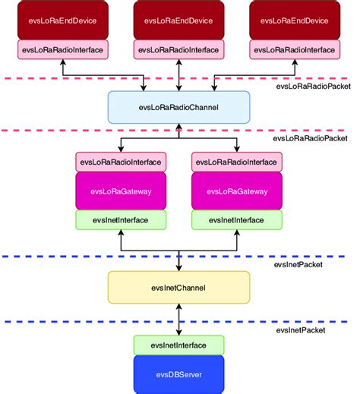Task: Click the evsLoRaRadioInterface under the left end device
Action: [62, 49]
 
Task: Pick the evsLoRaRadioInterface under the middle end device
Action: [178, 49]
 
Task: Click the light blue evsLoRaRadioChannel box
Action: [178, 107]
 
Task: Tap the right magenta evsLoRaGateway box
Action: [236, 191]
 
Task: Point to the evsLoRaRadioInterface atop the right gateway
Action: [236, 162]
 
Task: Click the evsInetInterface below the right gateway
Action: [236, 219]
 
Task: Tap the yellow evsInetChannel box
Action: [178, 288]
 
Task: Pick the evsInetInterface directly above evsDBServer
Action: [178, 345]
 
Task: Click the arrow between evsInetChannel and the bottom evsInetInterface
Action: [178, 322]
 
